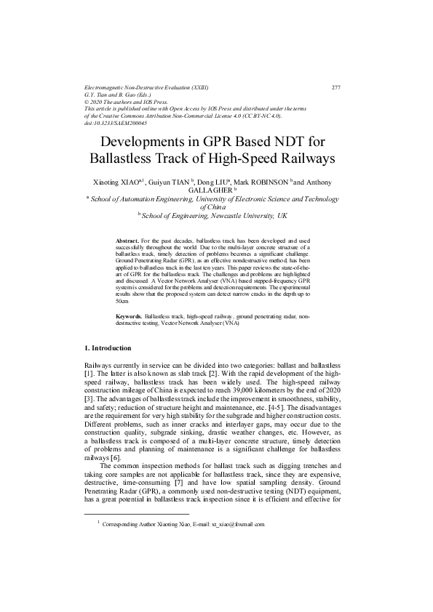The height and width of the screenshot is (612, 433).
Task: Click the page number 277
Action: point(336,87)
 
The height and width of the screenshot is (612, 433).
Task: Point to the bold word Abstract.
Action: point(127,239)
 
